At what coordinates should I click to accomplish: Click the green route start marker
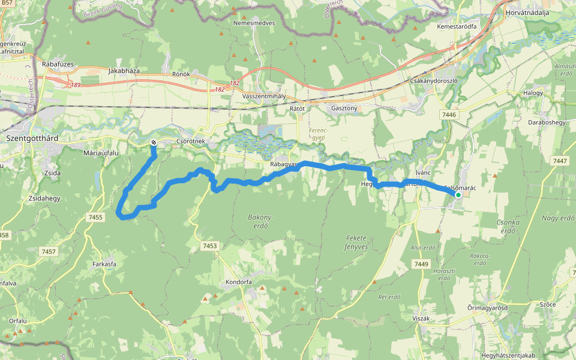(458, 194)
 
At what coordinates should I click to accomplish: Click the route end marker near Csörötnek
(154, 142)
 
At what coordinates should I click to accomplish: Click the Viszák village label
(421, 318)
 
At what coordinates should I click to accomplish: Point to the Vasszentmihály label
(264, 96)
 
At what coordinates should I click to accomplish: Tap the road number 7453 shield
(209, 246)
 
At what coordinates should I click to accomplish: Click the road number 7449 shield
(421, 264)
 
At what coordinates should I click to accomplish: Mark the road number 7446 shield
(448, 115)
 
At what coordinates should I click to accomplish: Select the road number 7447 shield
(560, 161)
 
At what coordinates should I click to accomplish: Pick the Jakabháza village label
(124, 71)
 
